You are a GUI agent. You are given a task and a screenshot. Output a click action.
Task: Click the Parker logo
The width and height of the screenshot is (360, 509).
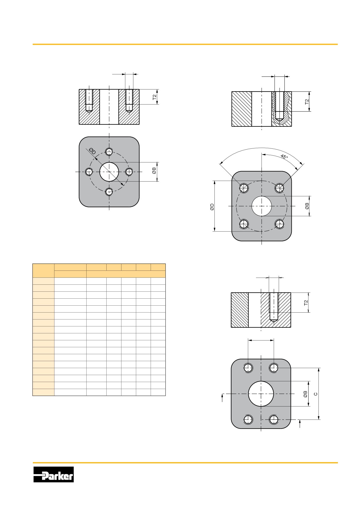tap(53, 474)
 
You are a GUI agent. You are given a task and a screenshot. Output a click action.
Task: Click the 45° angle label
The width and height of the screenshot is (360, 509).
tap(284, 157)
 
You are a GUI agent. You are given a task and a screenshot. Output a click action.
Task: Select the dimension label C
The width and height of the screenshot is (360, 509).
tap(316, 394)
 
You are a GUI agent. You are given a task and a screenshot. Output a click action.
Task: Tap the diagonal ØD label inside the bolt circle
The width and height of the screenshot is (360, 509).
tap(92, 151)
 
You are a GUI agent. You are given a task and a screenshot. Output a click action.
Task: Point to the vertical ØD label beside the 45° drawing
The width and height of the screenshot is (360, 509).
tap(212, 207)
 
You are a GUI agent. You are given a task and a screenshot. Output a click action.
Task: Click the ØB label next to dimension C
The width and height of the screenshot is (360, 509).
tap(305, 394)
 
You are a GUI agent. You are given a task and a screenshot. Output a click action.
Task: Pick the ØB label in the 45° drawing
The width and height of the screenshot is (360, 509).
tap(307, 206)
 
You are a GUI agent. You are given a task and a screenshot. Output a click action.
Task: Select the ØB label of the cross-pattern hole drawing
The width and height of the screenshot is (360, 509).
tap(154, 171)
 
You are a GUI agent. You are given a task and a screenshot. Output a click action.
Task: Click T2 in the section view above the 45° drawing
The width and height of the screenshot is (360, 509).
tap(307, 102)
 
